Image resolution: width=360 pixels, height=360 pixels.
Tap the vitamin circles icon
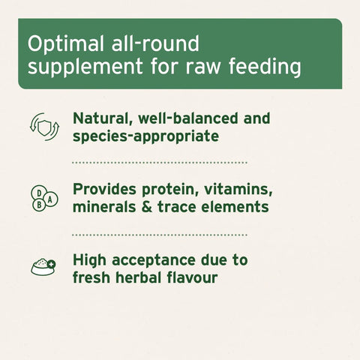click(41, 199)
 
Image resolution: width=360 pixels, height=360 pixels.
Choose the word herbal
click(145, 278)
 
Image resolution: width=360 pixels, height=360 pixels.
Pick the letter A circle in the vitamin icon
click(49, 200)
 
